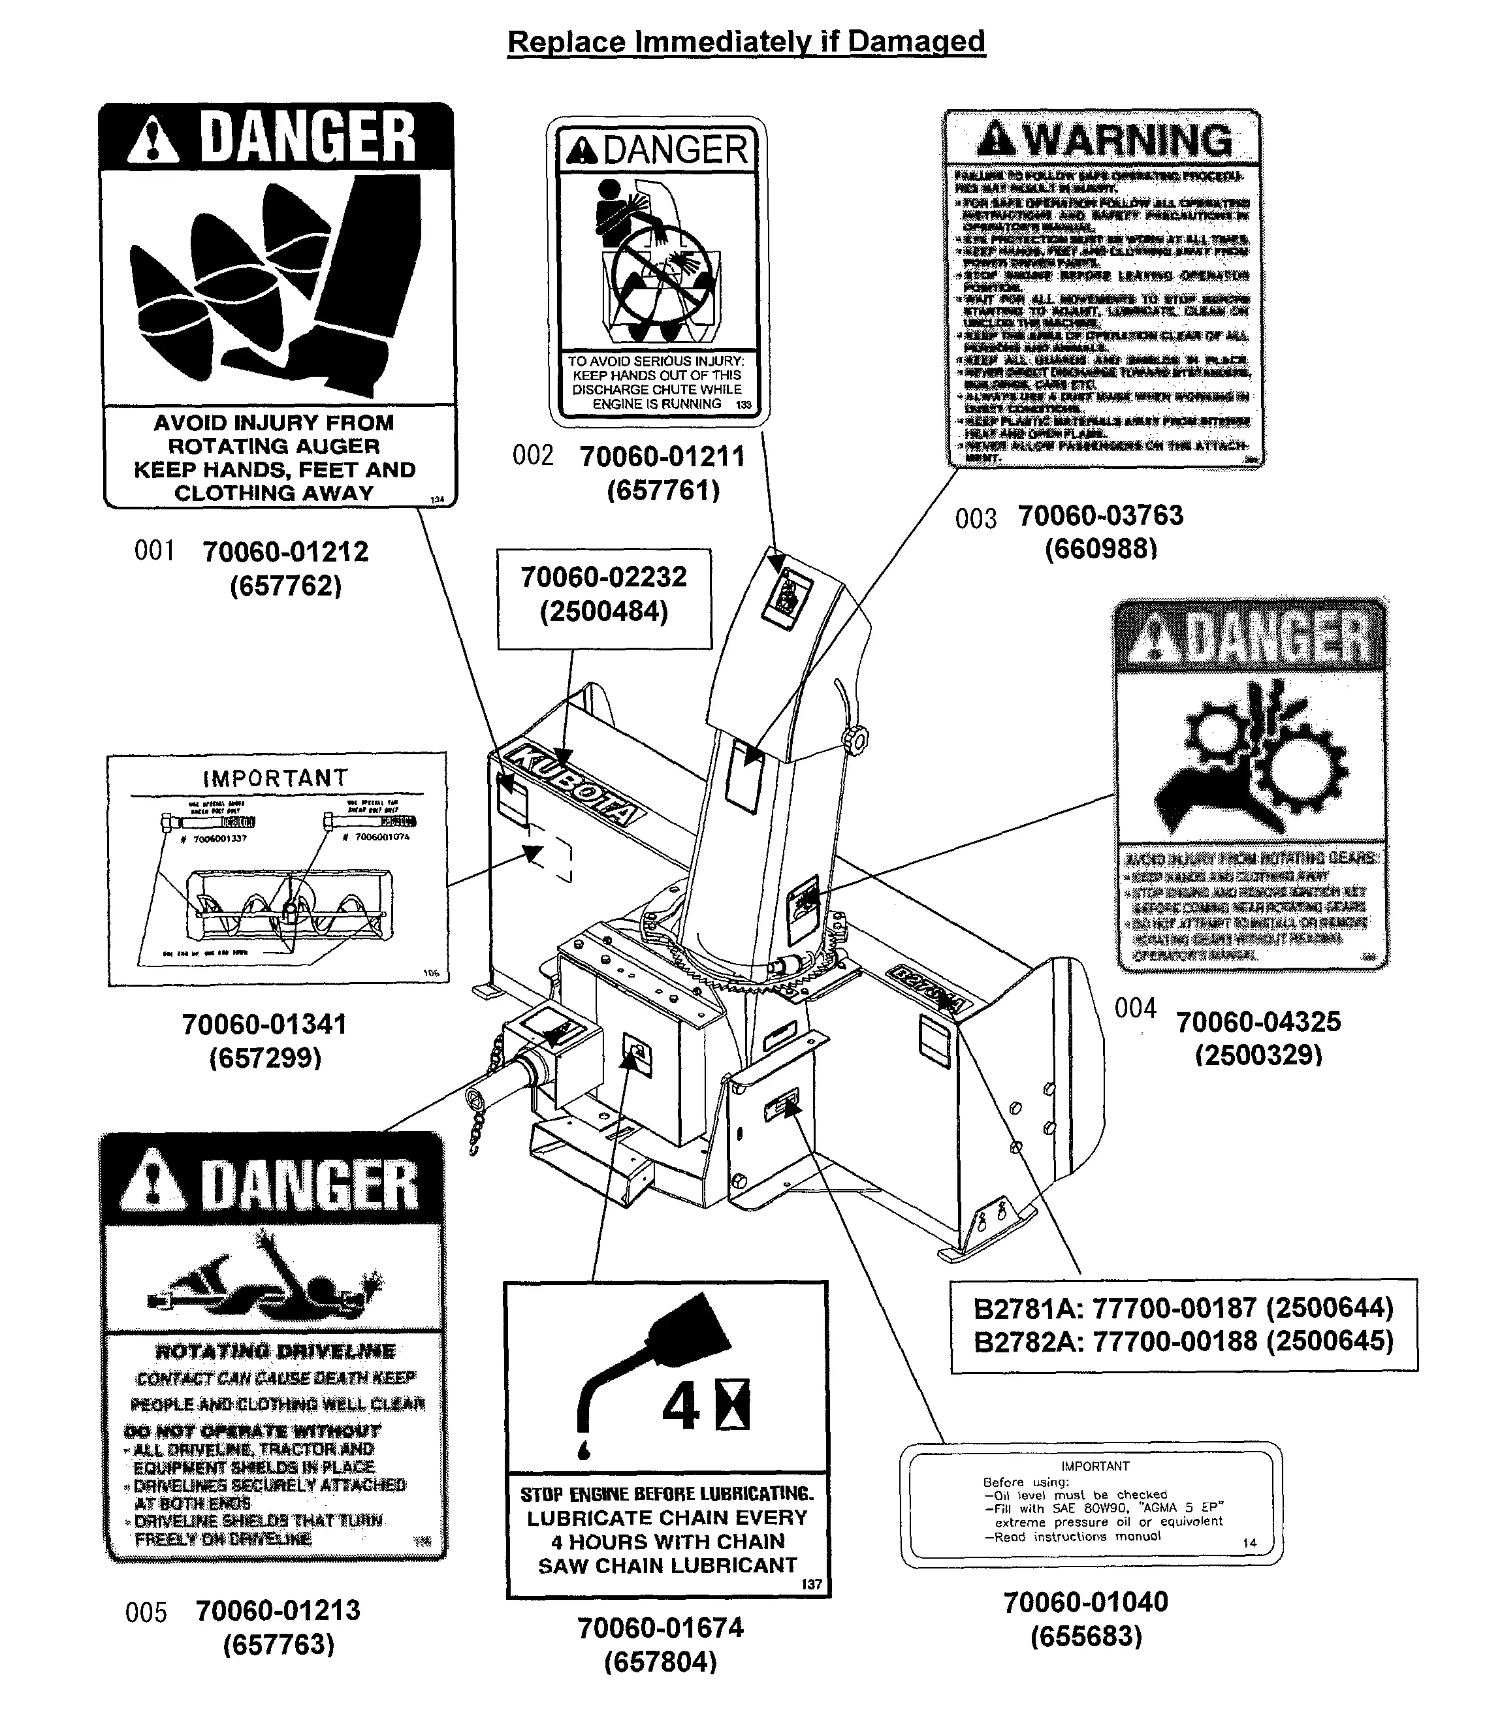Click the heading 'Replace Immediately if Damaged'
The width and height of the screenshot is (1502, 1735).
pyautogui.click(x=746, y=41)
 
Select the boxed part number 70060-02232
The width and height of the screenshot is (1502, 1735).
pyautogui.click(x=603, y=577)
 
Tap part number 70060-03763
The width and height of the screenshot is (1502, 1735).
pyautogui.click(x=1100, y=515)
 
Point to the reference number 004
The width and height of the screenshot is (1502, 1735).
pyautogui.click(x=1135, y=1008)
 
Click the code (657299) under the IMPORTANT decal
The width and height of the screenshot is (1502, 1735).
pyautogui.click(x=265, y=1059)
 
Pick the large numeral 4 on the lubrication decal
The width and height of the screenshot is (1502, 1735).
pyautogui.click(x=680, y=1407)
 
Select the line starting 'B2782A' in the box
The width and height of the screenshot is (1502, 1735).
pyautogui.click(x=1183, y=1340)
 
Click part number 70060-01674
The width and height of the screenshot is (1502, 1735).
pyautogui.click(x=660, y=1628)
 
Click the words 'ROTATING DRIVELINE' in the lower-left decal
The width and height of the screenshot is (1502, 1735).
pyautogui.click(x=275, y=1351)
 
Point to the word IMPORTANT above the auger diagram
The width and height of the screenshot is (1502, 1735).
pyautogui.click(x=275, y=778)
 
